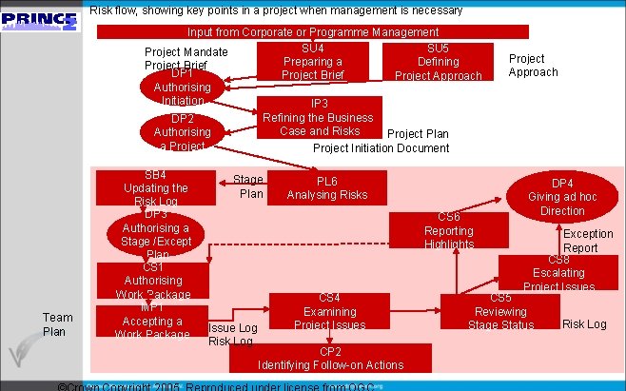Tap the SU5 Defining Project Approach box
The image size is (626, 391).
pos(438,62)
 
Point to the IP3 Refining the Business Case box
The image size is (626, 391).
pos(320,117)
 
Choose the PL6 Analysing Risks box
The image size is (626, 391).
pos(327,187)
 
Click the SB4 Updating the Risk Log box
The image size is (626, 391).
pos(155,188)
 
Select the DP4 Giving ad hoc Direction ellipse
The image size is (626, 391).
pos(562,196)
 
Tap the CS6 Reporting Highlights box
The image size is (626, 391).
pos(448,231)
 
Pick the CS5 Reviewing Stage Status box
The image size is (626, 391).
pos(500,312)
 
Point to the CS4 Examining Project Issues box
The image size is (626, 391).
pos(329,312)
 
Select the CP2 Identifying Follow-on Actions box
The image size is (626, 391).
pos(330,358)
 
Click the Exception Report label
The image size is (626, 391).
pos(588,241)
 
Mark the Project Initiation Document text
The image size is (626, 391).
pos(381,148)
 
